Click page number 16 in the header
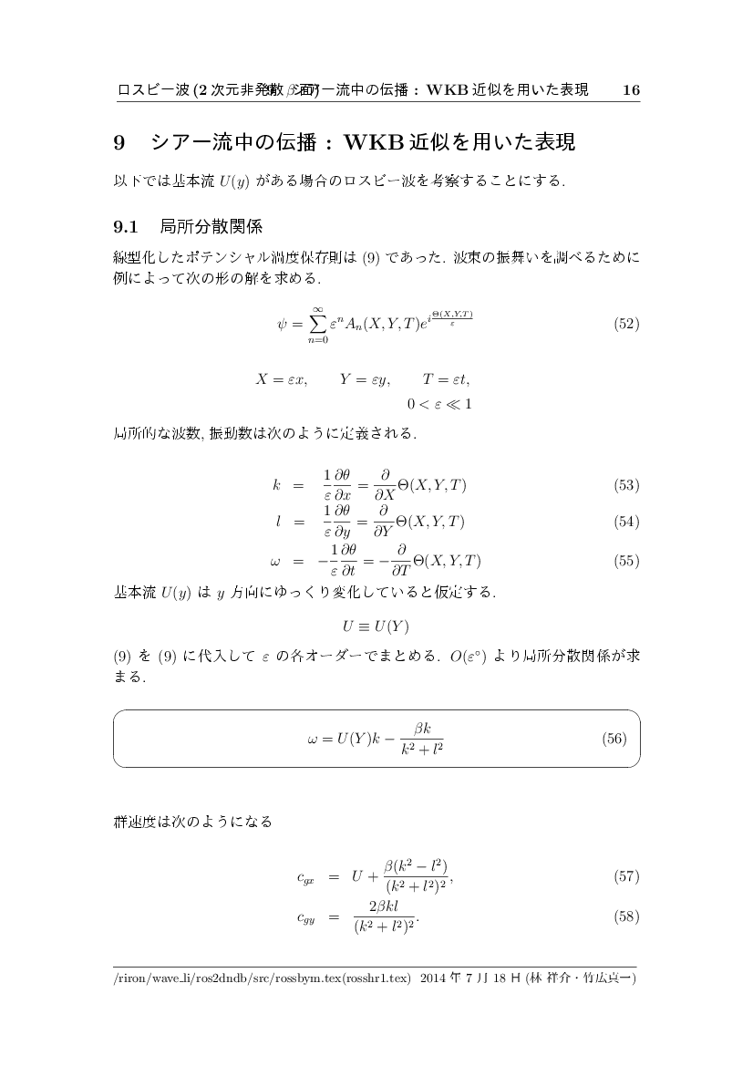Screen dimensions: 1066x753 point(631,89)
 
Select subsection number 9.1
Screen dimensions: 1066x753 point(124,224)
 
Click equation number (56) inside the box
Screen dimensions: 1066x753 point(614,739)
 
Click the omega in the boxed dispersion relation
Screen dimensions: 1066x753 point(313,739)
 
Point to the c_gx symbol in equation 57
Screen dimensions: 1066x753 point(305,878)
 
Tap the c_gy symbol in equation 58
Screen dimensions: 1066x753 point(305,916)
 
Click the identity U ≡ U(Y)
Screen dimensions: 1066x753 point(376,626)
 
